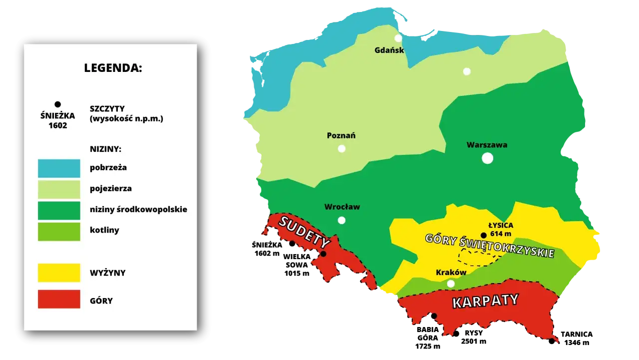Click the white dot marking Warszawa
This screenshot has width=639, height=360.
pos(487,158)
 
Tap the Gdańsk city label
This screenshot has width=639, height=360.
pos(389,50)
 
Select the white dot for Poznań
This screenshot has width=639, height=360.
pos(341,148)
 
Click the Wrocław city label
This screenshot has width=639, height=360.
pos(342,207)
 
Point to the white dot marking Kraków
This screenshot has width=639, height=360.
pos(451,284)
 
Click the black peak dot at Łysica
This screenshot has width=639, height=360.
pos(483,235)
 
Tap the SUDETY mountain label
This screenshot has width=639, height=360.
pos(304,232)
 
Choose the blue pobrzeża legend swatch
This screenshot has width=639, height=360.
pos(59,168)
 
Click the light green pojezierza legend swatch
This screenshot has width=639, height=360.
pos(59,189)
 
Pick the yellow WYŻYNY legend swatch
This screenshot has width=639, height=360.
pos(59,273)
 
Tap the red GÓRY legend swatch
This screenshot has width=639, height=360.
pos(59,299)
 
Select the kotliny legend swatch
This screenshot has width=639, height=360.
pos(59,231)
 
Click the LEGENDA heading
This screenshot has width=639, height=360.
pos(113,68)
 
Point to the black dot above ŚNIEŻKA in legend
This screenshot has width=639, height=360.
pos(57,104)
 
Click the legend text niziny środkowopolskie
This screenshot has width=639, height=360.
pos(138,209)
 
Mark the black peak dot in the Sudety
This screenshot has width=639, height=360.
pos(323,254)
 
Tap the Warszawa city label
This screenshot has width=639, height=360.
pos(487,145)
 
